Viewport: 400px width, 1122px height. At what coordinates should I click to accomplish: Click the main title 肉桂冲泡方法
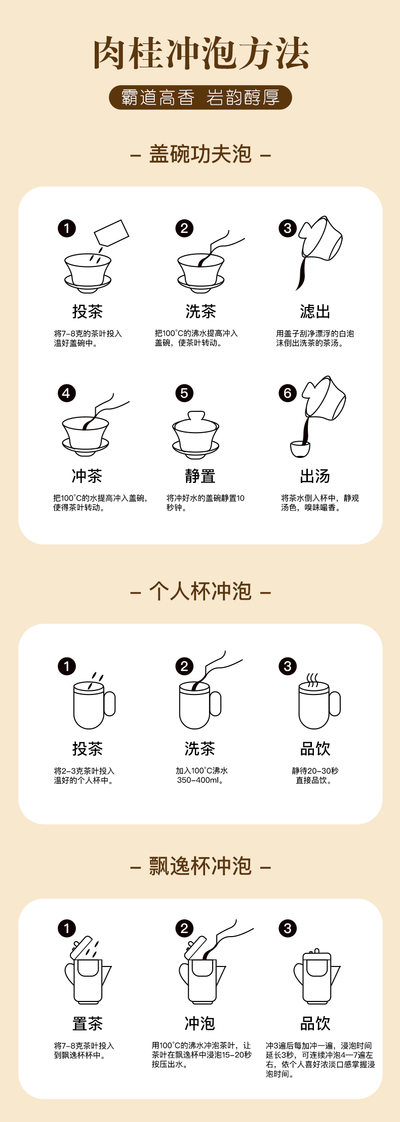pyautogui.click(x=201, y=53)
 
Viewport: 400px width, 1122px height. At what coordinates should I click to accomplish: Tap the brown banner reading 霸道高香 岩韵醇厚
pyautogui.click(x=201, y=97)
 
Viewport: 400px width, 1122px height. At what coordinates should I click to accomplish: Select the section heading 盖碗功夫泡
pyautogui.click(x=201, y=154)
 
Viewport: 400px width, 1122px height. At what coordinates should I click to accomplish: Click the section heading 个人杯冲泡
pyautogui.click(x=201, y=591)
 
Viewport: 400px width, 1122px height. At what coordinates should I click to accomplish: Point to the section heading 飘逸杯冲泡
pyautogui.click(x=201, y=866)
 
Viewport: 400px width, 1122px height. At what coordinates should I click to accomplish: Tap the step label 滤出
pyautogui.click(x=315, y=311)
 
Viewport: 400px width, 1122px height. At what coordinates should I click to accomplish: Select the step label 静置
pyautogui.click(x=200, y=476)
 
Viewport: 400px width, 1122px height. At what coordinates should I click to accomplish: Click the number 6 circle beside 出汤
pyautogui.click(x=288, y=393)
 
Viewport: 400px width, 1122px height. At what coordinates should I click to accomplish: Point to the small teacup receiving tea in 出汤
pyautogui.click(x=300, y=449)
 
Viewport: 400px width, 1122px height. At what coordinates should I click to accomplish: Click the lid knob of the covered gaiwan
pyautogui.click(x=196, y=416)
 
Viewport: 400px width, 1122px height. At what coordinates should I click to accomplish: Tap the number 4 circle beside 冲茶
pyautogui.click(x=66, y=393)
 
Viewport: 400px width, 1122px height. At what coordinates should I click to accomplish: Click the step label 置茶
pyautogui.click(x=87, y=1023)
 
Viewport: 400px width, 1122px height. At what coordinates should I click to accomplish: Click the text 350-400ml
pyautogui.click(x=200, y=780)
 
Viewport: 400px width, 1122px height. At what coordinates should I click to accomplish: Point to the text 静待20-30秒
pyautogui.click(x=315, y=770)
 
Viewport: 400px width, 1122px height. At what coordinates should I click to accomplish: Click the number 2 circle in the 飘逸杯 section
pyautogui.click(x=184, y=928)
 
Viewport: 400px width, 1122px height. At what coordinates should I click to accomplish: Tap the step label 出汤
pyautogui.click(x=315, y=476)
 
